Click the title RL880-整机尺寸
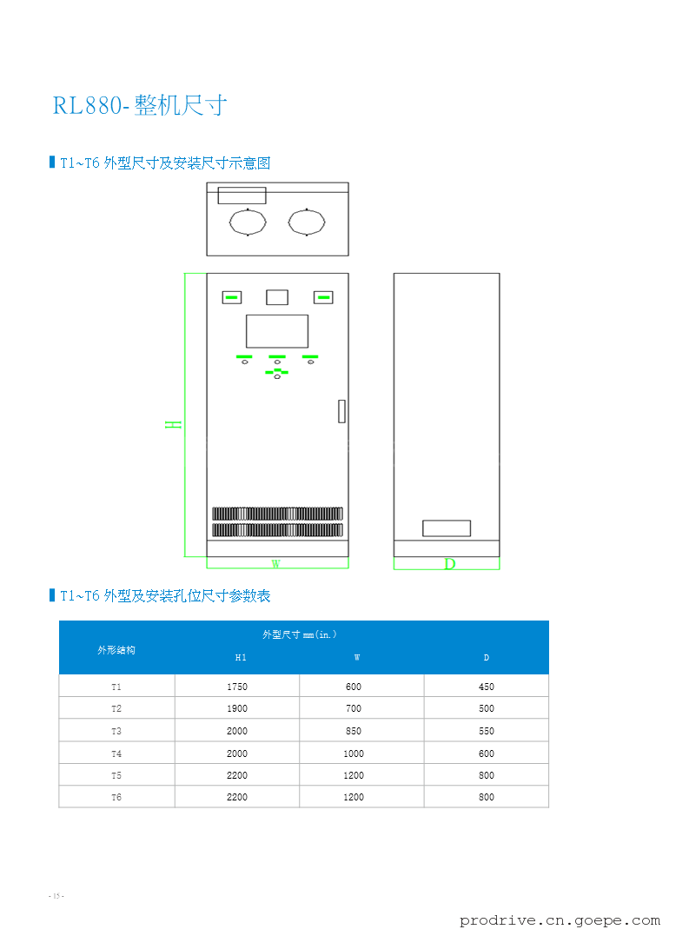[x=140, y=106]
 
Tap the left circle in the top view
[x=248, y=222]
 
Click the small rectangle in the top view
[x=242, y=195]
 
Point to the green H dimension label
[x=175, y=424]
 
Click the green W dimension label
[x=275, y=564]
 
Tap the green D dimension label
[x=449, y=564]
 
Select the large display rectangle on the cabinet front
[x=277, y=331]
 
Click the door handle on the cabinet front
[x=341, y=411]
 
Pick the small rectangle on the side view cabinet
[x=446, y=528]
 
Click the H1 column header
[x=241, y=658]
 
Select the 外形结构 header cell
[x=116, y=649]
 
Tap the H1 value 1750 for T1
[x=237, y=687]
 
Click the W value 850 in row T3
[x=354, y=731]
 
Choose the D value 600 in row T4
[x=486, y=753]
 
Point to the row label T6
[x=116, y=797]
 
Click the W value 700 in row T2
[x=354, y=708]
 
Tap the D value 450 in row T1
[x=486, y=687]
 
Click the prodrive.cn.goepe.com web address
[x=560, y=920]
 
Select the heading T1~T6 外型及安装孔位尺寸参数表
[x=165, y=595]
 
